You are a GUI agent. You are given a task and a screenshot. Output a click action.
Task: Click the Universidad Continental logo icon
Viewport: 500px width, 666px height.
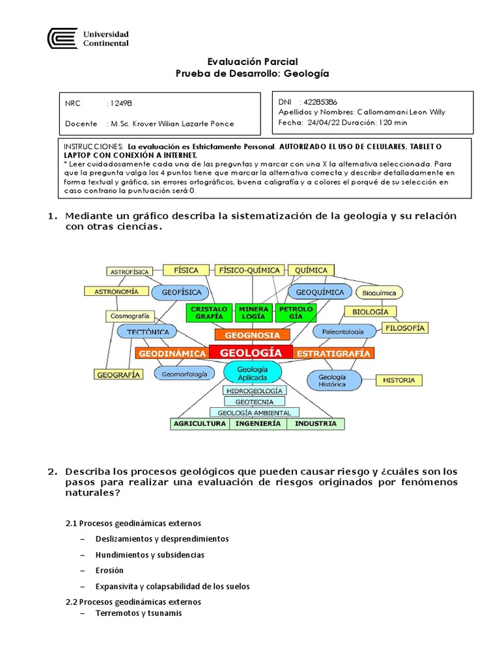pyautogui.click(x=62, y=38)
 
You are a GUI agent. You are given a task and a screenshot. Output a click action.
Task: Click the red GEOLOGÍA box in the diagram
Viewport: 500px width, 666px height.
pyautogui.click(x=251, y=353)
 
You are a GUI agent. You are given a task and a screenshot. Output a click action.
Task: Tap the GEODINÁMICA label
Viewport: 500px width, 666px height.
pyautogui.click(x=171, y=353)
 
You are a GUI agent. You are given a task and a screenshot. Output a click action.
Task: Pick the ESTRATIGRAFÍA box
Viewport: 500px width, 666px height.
pyautogui.click(x=333, y=353)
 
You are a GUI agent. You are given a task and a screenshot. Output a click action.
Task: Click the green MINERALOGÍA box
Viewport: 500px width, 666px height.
pyautogui.click(x=253, y=312)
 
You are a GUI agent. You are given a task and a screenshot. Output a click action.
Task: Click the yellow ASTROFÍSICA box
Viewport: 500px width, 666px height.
pyautogui.click(x=129, y=271)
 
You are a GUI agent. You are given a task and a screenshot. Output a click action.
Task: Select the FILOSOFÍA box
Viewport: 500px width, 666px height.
pyautogui.click(x=404, y=328)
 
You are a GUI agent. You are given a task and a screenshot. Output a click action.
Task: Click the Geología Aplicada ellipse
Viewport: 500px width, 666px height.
pyautogui.click(x=253, y=372)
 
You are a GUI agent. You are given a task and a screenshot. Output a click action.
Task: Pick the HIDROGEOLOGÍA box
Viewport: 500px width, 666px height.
pyautogui.click(x=253, y=390)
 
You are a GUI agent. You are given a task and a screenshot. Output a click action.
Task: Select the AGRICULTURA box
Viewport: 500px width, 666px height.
pyautogui.click(x=200, y=423)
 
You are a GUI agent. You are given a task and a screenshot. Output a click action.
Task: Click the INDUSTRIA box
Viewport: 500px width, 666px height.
pyautogui.click(x=316, y=423)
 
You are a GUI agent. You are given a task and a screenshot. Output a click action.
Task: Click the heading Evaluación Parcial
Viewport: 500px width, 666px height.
pyautogui.click(x=252, y=62)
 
